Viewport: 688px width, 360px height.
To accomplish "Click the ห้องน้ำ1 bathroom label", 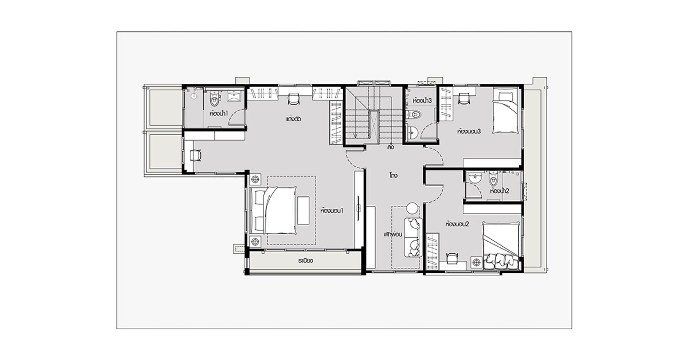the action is coord(219,113).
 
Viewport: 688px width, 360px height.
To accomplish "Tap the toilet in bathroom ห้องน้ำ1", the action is coord(215,98).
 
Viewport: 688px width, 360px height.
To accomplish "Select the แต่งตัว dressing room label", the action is coord(294,119).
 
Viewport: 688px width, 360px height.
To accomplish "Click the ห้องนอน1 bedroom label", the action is coord(332,211).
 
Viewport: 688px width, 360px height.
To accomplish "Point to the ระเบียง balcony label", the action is coord(305,261).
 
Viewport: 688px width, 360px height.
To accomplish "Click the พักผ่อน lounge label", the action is coord(393,234).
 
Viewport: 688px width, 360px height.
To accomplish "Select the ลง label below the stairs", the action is coord(391,148).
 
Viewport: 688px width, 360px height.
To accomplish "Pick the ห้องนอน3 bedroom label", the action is coord(469,132).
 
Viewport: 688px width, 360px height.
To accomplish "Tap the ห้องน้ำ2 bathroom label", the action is coord(500,191).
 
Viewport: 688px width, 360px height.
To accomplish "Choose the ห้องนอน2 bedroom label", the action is coord(457,224).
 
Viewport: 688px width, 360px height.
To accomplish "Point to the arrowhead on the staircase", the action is coord(355,135).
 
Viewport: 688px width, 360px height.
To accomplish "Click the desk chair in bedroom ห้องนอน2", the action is coord(452,258).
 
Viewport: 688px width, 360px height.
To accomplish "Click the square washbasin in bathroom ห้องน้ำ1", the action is coord(235,96).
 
